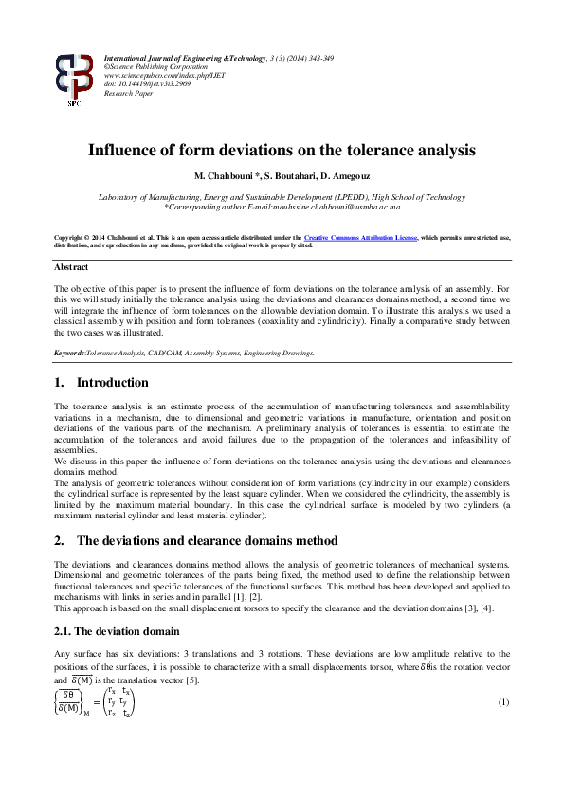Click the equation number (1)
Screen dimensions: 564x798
504,700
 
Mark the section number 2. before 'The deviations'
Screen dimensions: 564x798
60,540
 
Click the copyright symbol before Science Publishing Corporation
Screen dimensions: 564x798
107,67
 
